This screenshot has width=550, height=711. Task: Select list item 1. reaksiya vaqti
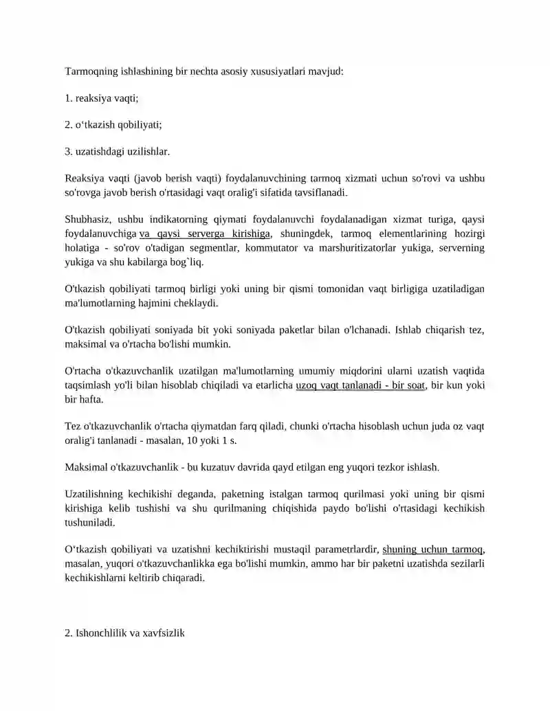[x=101, y=98]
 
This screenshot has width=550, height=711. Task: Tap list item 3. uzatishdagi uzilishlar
[x=116, y=151]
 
